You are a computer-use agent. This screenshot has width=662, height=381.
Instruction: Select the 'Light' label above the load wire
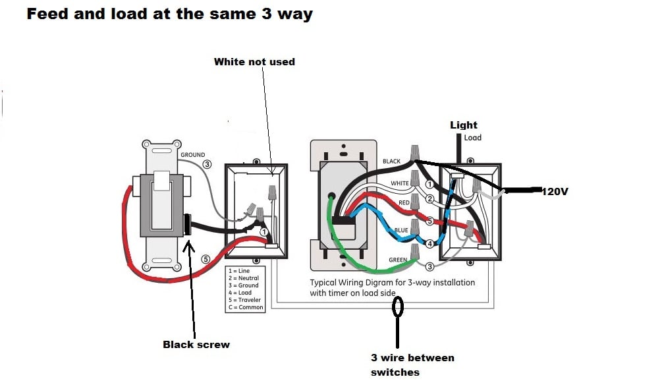click(x=464, y=125)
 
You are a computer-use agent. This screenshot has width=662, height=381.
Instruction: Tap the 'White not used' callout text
click(x=254, y=61)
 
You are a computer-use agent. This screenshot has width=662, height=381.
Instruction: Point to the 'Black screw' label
click(x=196, y=344)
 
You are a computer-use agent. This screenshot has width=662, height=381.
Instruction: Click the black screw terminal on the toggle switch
click(x=188, y=225)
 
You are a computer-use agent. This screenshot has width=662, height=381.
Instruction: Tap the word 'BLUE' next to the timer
click(x=402, y=231)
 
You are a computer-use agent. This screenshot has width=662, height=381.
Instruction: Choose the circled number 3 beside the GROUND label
click(x=207, y=164)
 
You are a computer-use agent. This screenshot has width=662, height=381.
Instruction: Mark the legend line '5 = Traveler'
click(x=245, y=300)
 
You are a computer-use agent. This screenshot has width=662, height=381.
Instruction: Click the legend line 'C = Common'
click(x=245, y=307)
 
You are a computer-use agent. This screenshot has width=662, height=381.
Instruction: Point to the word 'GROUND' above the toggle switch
click(x=193, y=155)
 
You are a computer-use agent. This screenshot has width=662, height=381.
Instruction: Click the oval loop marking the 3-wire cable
click(x=398, y=307)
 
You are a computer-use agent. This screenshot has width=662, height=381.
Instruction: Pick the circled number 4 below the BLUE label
click(x=429, y=243)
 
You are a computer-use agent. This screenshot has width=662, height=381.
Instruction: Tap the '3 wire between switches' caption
click(x=412, y=365)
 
